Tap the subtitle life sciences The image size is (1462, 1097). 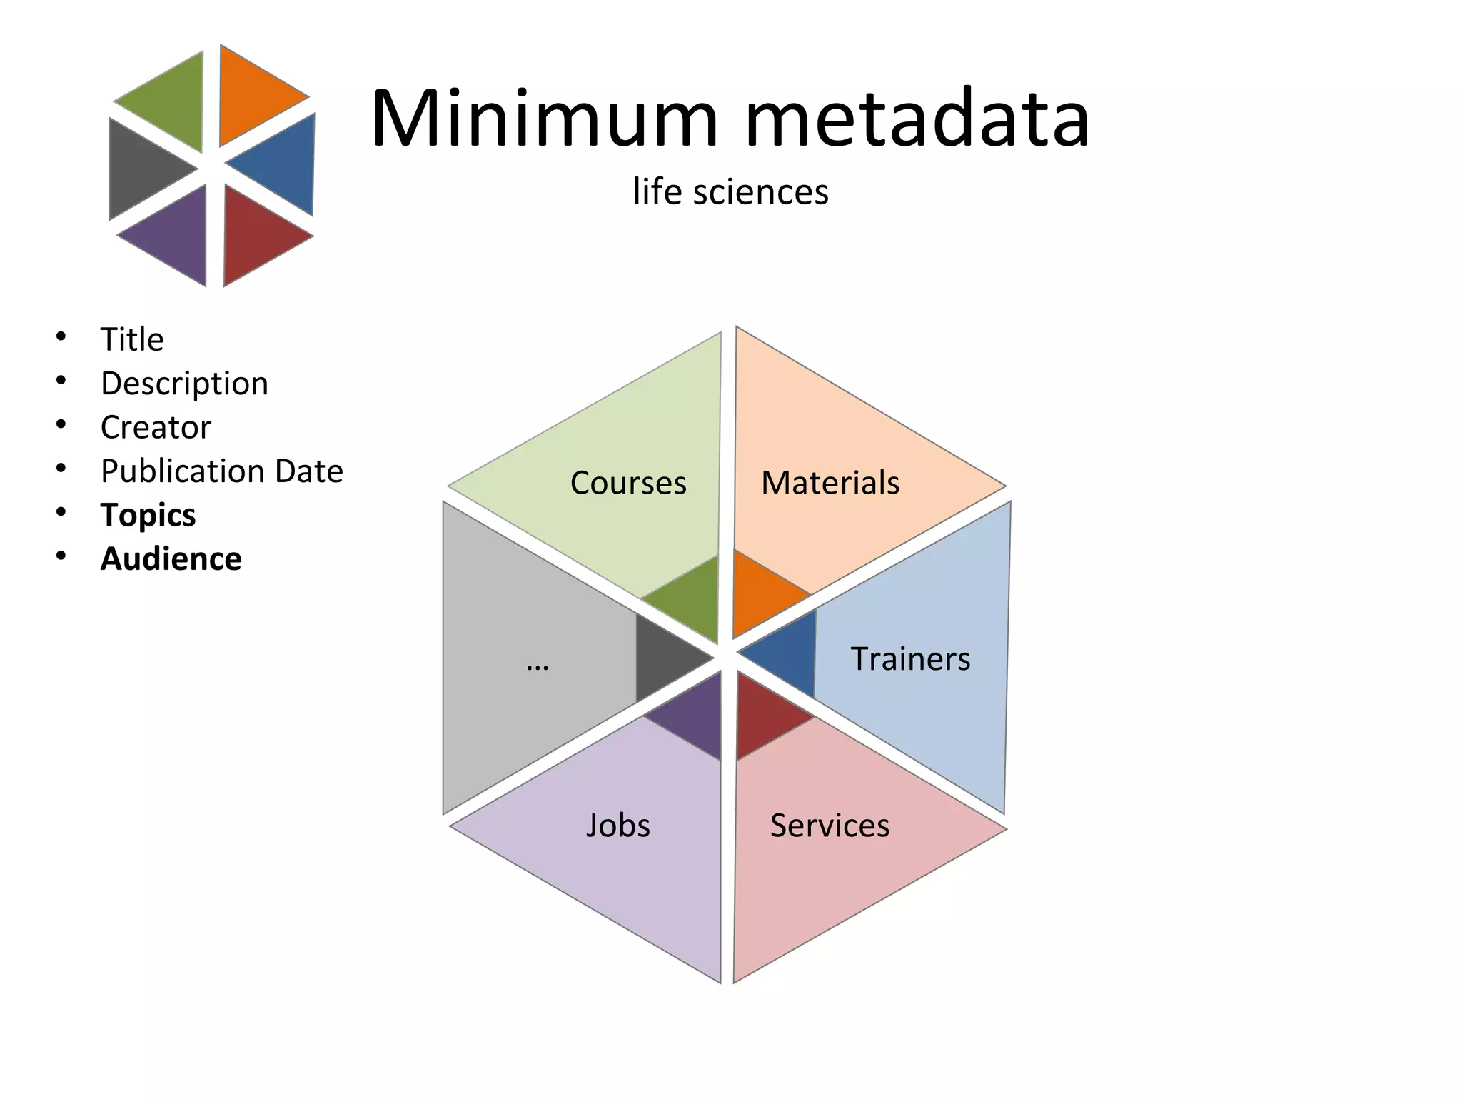(730, 191)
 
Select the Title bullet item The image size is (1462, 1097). (132, 339)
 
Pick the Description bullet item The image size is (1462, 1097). (184, 384)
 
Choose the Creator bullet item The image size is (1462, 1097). (156, 427)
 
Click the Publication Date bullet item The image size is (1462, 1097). (221, 471)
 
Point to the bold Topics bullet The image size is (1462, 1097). (148, 515)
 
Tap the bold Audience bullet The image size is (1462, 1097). (171, 559)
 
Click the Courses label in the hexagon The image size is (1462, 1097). (628, 483)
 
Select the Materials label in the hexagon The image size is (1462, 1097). (830, 483)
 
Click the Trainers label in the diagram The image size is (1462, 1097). (910, 658)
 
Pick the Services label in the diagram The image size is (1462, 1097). (830, 826)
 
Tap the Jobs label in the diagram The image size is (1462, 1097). (618, 826)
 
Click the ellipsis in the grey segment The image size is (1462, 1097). (537, 664)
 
